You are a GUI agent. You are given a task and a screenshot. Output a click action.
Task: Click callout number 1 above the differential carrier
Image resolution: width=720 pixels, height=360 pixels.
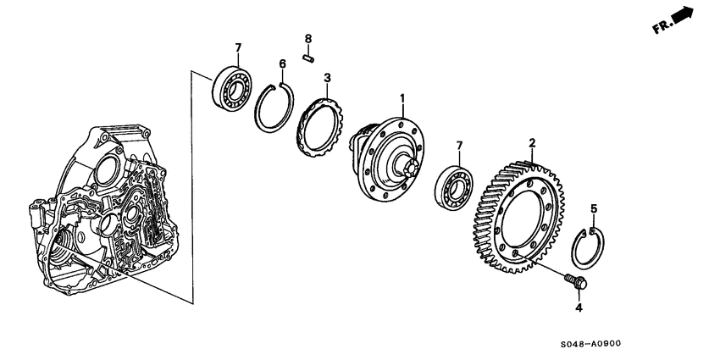point(403,99)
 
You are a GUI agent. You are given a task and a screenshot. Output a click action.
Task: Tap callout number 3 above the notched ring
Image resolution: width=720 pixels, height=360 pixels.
point(327,78)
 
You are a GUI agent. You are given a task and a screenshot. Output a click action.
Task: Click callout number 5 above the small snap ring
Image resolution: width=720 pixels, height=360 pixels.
point(593,208)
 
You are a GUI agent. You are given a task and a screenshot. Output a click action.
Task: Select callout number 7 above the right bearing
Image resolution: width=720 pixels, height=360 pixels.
point(458,146)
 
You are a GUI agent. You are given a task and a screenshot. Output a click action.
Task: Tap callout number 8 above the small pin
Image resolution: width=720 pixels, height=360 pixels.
point(308,39)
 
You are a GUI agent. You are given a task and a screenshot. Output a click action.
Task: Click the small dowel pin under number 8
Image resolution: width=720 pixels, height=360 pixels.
point(309,58)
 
